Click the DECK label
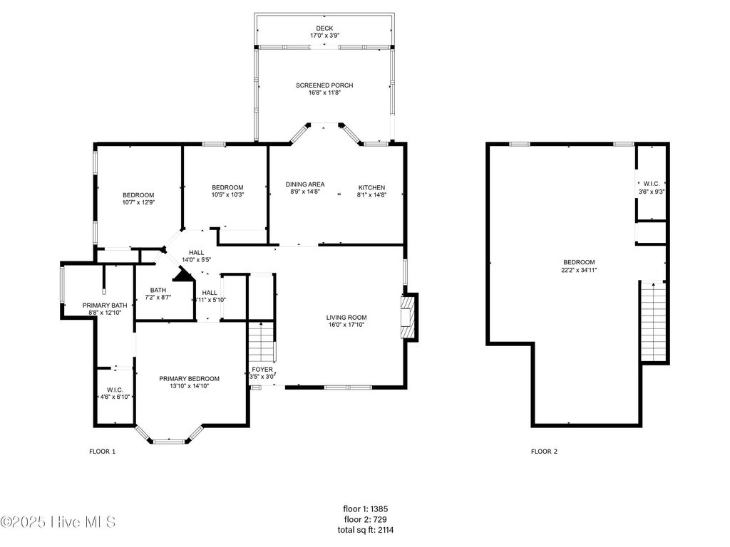pyautogui.click(x=324, y=28)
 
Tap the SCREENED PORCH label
pyautogui.click(x=324, y=85)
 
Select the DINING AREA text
pyautogui.click(x=305, y=184)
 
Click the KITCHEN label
pyautogui.click(x=371, y=187)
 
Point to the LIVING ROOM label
pyautogui.click(x=346, y=318)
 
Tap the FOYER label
pyautogui.click(x=262, y=369)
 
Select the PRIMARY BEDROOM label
pyautogui.click(x=189, y=378)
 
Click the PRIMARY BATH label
pyautogui.click(x=105, y=305)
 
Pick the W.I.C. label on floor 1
pyautogui.click(x=115, y=390)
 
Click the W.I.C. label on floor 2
pyautogui.click(x=651, y=184)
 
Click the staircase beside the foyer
pyautogui.click(x=263, y=343)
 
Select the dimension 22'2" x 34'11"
pyautogui.click(x=578, y=270)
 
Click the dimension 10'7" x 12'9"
pyautogui.click(x=138, y=202)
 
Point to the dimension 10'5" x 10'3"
pyautogui.click(x=227, y=194)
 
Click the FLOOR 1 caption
pyautogui.click(x=102, y=452)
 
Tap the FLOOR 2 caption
pyautogui.click(x=544, y=452)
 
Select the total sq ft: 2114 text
pyautogui.click(x=365, y=530)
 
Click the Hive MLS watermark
pyautogui.click(x=58, y=522)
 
